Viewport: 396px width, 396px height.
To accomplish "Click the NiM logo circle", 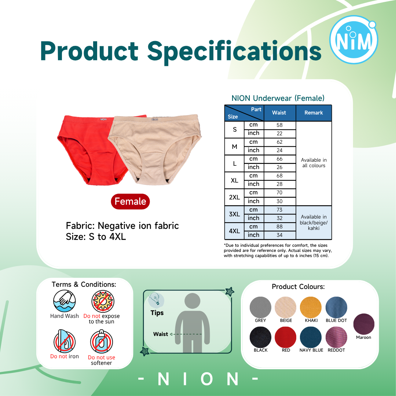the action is [353, 40].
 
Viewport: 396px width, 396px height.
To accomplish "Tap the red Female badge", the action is [130, 202].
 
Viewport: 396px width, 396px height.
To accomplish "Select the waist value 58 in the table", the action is [279, 125].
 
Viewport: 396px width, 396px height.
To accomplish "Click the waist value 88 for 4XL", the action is [279, 227].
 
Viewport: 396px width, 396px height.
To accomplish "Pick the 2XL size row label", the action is [234, 197].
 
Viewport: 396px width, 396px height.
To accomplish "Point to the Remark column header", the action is [313, 113].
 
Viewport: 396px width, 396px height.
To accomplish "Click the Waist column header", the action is [279, 113].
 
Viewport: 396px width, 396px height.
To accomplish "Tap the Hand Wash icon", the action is [65, 301].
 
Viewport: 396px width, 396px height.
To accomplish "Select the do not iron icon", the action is [65, 341].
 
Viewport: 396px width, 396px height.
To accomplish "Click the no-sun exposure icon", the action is [103, 301].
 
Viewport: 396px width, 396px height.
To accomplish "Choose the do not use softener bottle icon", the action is [102, 341].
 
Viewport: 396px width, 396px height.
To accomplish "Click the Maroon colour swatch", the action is [364, 324].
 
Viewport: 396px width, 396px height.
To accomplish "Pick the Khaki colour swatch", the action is [311, 307].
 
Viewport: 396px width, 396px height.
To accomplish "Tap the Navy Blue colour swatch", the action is [311, 337].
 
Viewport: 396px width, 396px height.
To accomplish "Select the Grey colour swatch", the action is [260, 307].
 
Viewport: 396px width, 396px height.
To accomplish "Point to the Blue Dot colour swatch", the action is [336, 307].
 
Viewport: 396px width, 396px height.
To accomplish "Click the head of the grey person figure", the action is [192, 301].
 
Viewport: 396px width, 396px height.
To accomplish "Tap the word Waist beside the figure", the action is [161, 334].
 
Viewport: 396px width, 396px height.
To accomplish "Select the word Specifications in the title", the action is [234, 52].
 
